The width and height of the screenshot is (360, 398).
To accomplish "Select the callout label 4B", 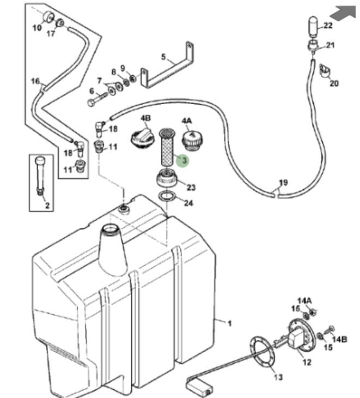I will coord(145,119).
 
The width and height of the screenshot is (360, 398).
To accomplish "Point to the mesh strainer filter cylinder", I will coord(166,148).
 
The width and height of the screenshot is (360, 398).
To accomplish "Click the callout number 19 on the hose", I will coord(283,182).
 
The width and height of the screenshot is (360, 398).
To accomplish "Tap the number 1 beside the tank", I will coord(230,323).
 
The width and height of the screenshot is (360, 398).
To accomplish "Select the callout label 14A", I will coord(304,300).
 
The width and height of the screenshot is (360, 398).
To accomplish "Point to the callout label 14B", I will coord(339,339).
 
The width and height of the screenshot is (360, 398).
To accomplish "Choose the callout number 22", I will coord(328,26).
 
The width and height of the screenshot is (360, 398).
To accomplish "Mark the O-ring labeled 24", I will coord(167,196).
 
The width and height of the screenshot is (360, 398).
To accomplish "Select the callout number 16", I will coord(35,82).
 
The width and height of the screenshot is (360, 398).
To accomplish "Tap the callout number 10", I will coord(37,28).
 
